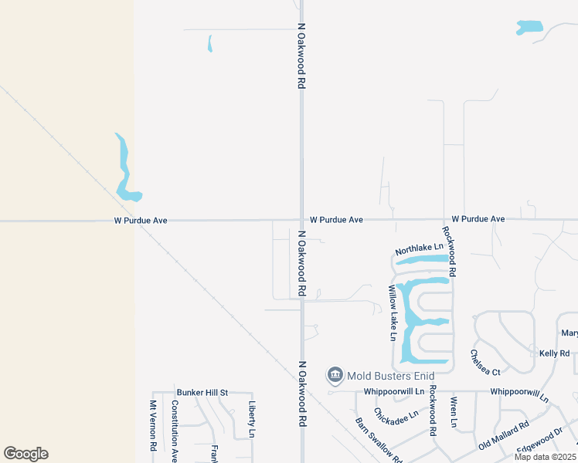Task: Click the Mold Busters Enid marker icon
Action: [335, 375]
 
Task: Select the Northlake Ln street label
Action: [420, 250]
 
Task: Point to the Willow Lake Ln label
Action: [393, 313]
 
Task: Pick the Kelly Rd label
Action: [555, 353]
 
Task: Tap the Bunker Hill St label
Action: [202, 392]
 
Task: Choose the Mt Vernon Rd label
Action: [153, 425]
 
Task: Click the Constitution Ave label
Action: [175, 431]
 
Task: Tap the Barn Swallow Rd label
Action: [379, 440]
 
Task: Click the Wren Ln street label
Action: [453, 413]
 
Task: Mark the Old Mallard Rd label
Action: [503, 435]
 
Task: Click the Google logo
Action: [26, 454]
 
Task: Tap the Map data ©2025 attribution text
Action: [546, 457]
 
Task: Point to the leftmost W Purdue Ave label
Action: [141, 220]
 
